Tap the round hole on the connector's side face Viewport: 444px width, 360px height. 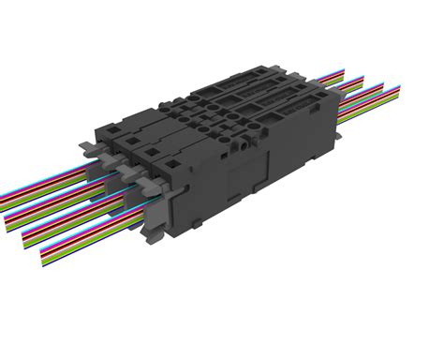245,144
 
